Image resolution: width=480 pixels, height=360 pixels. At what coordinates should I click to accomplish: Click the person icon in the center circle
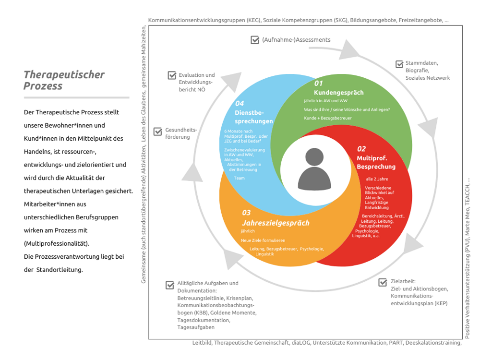pos(314,169)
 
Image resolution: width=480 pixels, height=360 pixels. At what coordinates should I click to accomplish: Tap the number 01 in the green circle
pos(319,83)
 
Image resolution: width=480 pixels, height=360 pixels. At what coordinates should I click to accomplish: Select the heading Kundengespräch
pos(338,92)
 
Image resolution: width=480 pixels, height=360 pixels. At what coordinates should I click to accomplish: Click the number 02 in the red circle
pos(361,149)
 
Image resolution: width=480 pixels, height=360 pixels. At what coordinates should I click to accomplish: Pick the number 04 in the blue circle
pos(240,103)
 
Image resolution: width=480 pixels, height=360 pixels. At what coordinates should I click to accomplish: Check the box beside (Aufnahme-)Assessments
pos(255,40)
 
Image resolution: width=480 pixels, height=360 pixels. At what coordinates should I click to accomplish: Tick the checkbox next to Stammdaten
pos(399,64)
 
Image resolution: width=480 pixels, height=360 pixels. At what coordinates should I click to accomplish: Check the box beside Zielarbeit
pos(383,282)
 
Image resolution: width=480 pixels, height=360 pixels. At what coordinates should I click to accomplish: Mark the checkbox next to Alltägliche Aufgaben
pos(170,285)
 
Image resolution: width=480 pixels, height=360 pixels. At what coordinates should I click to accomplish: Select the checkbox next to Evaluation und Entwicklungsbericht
pos(172,75)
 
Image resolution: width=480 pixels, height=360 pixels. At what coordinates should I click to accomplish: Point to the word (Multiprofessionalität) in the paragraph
pos(56,243)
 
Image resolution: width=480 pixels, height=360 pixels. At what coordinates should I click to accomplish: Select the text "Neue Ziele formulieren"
pos(263,240)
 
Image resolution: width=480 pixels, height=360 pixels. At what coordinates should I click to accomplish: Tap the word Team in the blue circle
pos(239,178)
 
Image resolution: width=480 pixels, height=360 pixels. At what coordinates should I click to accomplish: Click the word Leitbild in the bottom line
pos(202,343)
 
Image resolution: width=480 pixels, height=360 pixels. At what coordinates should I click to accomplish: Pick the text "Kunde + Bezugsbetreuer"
pos(327,118)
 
